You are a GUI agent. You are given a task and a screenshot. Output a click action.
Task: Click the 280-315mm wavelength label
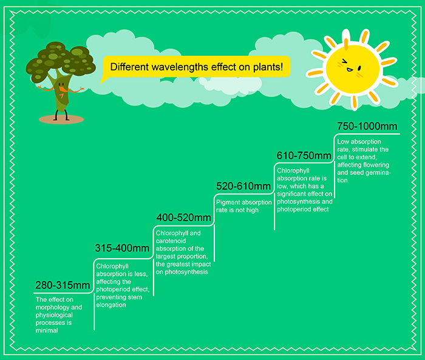point(63,285)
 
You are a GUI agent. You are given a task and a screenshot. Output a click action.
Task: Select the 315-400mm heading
point(122,248)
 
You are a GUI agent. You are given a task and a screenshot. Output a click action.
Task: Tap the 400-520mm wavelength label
point(183,218)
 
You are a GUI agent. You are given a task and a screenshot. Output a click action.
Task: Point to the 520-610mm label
point(243,186)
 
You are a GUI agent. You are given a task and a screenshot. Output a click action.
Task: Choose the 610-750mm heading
point(304,156)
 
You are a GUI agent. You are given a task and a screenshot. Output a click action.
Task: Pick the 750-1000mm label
point(367,126)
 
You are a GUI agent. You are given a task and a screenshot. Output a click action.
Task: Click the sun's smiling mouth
point(350,70)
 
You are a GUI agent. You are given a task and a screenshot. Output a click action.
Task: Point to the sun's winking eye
point(344,62)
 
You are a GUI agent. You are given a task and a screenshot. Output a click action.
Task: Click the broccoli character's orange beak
point(63,89)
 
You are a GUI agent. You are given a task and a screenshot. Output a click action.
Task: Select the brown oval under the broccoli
point(61,119)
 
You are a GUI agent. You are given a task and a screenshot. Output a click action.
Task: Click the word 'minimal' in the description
point(47,330)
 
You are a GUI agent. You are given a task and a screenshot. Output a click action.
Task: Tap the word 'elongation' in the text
point(111,305)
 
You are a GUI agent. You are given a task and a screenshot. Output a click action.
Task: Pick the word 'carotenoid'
point(171,241)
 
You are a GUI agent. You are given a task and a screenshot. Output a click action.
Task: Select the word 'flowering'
point(376,165)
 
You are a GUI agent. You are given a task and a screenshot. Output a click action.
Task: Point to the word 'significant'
point(292,194)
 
